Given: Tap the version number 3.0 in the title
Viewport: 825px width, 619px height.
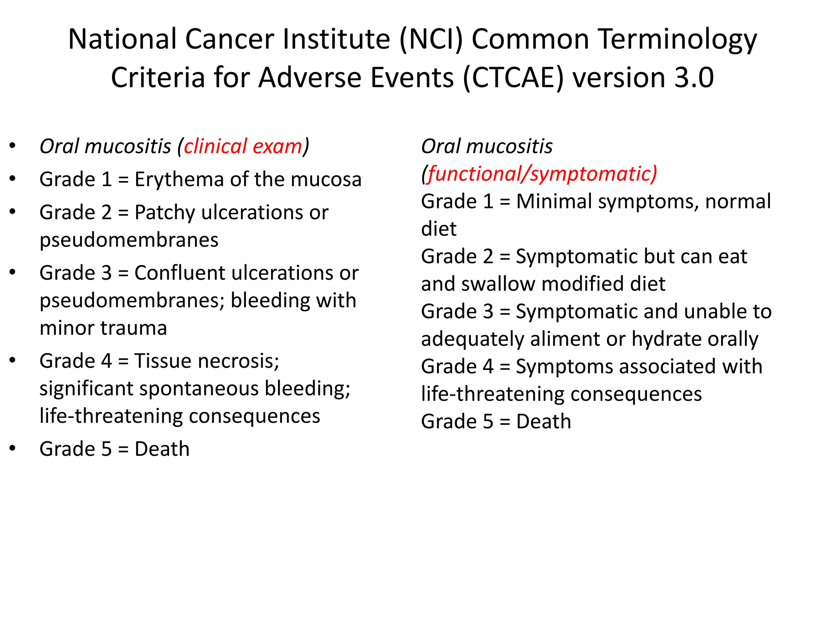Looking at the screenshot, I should point(694,77).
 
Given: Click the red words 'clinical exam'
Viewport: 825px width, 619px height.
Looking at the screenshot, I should point(243,146).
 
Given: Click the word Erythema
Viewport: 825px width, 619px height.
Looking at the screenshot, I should point(179,179).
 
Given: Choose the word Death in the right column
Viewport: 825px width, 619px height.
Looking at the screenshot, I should point(543,422).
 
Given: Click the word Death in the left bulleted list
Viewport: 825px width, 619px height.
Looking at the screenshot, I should point(162,449).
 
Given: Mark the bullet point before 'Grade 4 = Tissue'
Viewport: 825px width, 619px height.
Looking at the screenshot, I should point(12,360).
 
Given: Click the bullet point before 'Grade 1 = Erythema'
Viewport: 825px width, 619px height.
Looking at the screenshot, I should point(12,179).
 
